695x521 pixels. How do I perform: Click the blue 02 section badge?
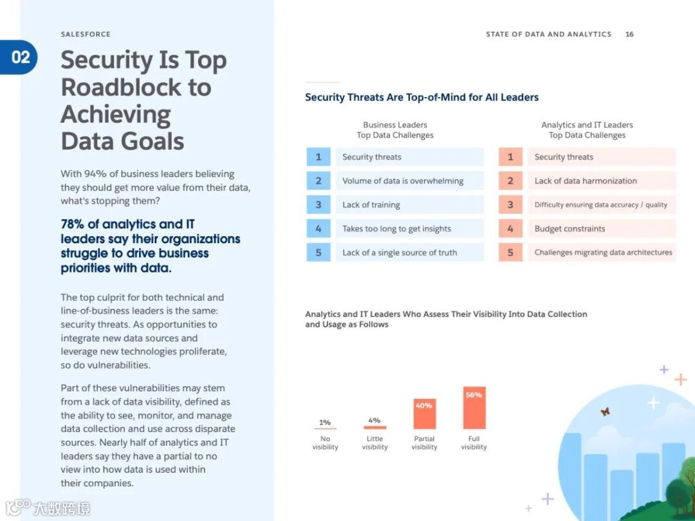click(x=20, y=57)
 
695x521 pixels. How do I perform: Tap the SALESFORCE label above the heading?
click(x=86, y=34)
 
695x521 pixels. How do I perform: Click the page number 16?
click(x=629, y=34)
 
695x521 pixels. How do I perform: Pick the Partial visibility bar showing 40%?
click(x=424, y=414)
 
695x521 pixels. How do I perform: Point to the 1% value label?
click(x=325, y=423)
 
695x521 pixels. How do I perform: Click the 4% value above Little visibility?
click(x=375, y=420)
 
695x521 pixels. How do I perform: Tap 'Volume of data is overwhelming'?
click(x=403, y=181)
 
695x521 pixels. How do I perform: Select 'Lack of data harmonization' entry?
click(x=586, y=181)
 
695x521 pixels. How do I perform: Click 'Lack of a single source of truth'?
click(x=400, y=252)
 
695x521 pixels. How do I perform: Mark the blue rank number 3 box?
click(x=318, y=205)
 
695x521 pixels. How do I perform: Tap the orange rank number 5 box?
click(x=510, y=252)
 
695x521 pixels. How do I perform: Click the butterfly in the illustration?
click(x=605, y=412)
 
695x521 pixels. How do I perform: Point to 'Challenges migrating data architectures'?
click(x=603, y=252)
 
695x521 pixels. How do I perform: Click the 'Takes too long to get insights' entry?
click(x=396, y=228)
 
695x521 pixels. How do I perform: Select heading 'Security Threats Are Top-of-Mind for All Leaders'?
click(x=422, y=97)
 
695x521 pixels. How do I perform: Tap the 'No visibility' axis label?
click(x=325, y=443)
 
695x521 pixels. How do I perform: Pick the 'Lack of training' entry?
click(x=371, y=205)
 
